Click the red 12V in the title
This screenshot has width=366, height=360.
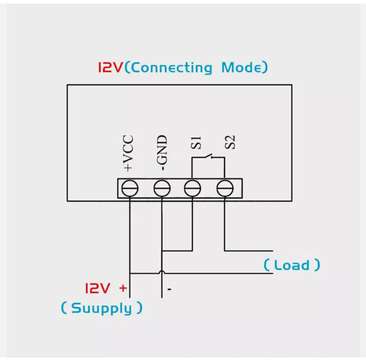point(110,67)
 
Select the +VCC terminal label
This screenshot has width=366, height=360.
point(128,153)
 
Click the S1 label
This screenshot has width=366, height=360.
point(196,142)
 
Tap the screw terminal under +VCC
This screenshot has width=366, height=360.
point(130,188)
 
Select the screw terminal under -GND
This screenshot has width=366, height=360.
point(162,188)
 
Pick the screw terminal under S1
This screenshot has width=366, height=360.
point(192,188)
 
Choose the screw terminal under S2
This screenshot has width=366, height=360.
point(225,188)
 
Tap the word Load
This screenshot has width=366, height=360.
point(292,265)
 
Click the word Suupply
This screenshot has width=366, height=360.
point(102,308)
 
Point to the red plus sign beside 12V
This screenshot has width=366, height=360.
point(123,288)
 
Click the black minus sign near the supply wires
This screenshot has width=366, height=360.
point(169,289)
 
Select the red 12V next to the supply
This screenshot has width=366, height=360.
point(97,288)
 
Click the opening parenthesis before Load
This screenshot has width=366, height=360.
point(267,265)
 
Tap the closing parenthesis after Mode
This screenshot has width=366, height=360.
point(265,67)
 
